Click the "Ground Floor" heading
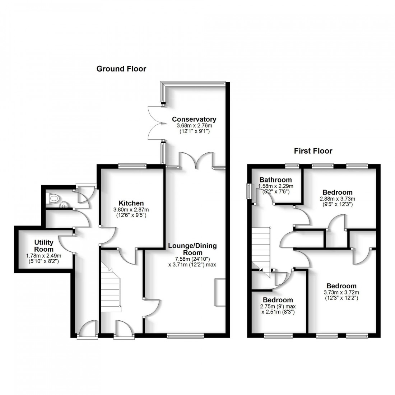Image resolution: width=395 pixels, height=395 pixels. [x=121, y=69]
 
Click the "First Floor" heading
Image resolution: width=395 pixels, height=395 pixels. [x=313, y=151]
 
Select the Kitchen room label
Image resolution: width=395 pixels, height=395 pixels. [x=131, y=203]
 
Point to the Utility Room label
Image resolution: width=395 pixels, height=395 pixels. [x=44, y=246]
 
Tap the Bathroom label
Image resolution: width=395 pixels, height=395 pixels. [x=276, y=180]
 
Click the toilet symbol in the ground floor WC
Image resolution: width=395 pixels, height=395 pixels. [x=54, y=198]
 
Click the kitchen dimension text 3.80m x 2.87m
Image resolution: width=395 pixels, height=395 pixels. [x=131, y=210]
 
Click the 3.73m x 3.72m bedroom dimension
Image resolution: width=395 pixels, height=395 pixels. [x=342, y=292]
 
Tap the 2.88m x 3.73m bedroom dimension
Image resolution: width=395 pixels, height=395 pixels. [x=337, y=199]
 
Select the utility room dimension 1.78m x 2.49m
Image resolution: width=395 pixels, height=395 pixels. [x=44, y=256]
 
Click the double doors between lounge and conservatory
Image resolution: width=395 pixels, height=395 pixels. [x=196, y=161]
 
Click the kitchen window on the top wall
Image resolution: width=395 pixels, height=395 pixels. [x=132, y=166]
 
